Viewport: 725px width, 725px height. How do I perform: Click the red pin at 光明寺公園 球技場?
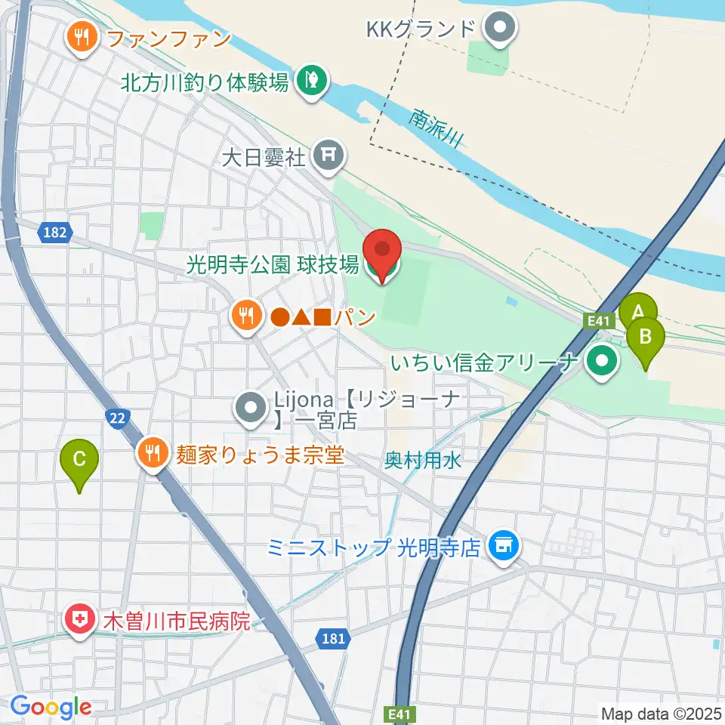[x=382, y=253]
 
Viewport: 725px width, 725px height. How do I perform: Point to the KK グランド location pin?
[x=499, y=30]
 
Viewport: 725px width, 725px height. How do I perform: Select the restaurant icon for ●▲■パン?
[x=245, y=314]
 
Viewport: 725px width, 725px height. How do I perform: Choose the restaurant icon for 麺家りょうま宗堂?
[x=153, y=454]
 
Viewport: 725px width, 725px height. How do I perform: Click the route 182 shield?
[x=55, y=234]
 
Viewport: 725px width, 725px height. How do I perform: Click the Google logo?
[x=51, y=708]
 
